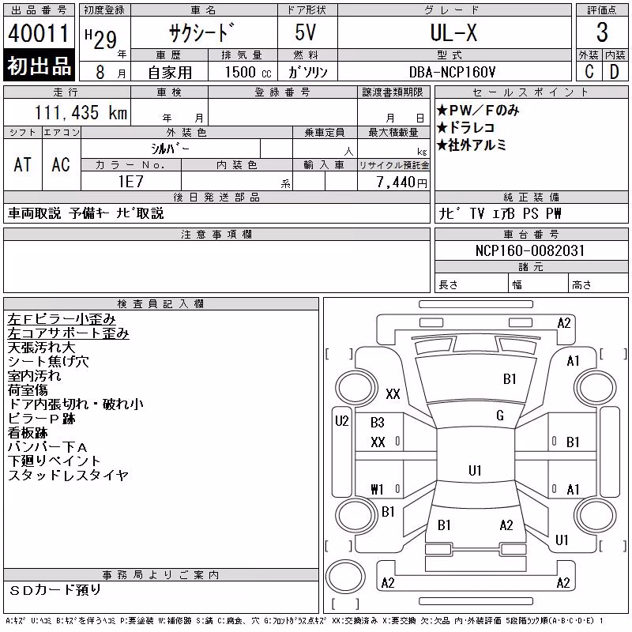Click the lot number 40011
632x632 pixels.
(x=38, y=33)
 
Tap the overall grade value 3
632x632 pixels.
(x=602, y=32)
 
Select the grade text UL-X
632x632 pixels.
(x=453, y=32)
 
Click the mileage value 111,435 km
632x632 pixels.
(x=81, y=112)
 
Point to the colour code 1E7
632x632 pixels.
(x=130, y=182)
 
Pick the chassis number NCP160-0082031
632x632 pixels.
(x=530, y=250)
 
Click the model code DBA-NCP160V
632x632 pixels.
(x=452, y=72)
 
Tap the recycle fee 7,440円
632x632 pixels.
(x=401, y=182)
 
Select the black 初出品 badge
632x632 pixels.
(x=39, y=65)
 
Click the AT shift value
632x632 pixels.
(x=22, y=164)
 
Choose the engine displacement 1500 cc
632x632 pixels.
(x=248, y=72)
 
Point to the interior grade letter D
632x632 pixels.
(x=615, y=72)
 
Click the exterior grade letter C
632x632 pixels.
(x=589, y=72)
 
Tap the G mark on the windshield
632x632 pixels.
(x=500, y=416)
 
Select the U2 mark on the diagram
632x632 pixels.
(x=342, y=421)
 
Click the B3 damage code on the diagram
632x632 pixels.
(x=378, y=423)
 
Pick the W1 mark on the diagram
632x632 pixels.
(x=377, y=489)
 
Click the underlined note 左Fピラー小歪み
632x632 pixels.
(x=62, y=319)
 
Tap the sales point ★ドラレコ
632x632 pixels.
(x=465, y=128)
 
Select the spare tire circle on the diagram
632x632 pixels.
(x=345, y=576)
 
